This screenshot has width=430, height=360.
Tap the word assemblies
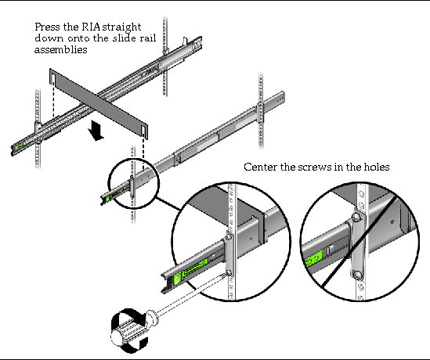(61, 49)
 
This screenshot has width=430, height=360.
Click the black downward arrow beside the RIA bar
(96, 131)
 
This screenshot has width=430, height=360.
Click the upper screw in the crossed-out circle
(356, 218)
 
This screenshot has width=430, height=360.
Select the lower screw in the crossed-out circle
(357, 275)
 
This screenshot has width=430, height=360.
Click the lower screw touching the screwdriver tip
(229, 273)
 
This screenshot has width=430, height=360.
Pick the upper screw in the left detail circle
(229, 236)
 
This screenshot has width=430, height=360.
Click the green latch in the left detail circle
(178, 279)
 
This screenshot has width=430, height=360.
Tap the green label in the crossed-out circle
(313, 260)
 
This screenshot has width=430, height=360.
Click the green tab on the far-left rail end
(18, 146)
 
